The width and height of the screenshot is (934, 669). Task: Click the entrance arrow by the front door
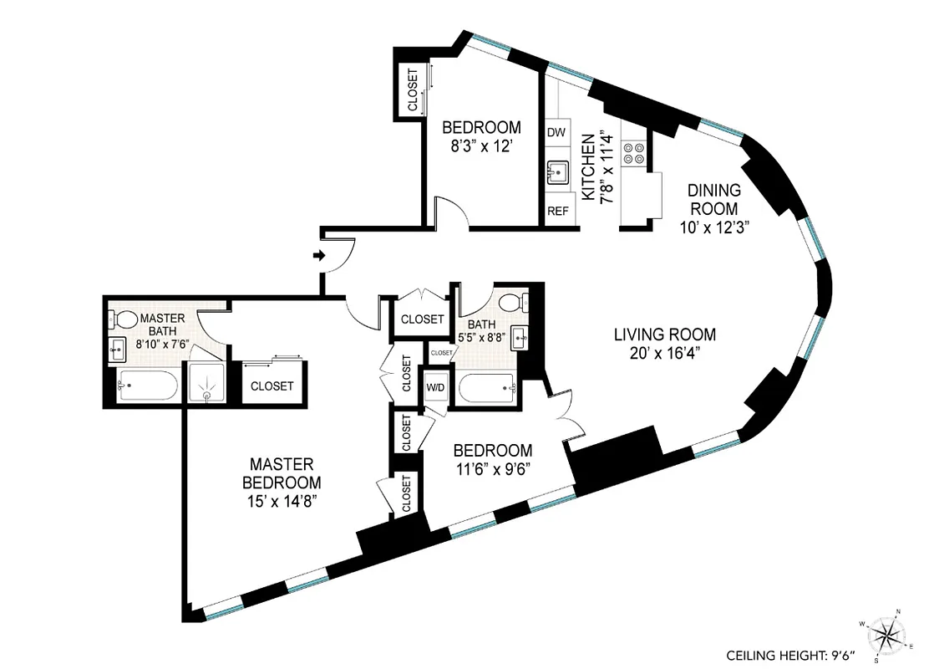[x=319, y=255]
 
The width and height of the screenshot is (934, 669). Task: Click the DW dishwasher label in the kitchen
[x=557, y=132]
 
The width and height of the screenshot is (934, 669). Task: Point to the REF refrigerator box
[x=558, y=212]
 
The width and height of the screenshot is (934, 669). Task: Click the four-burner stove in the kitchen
[x=633, y=151]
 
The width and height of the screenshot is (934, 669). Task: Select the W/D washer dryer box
[x=436, y=388]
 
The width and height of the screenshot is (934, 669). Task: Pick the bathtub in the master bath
[x=147, y=385]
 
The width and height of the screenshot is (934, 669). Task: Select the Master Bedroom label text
[x=281, y=472]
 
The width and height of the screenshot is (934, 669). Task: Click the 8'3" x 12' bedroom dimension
[x=481, y=145]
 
